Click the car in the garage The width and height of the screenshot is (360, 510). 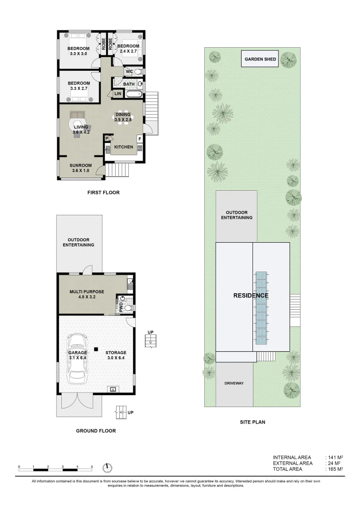coord(77,359)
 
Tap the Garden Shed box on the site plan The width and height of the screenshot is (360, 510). coord(260,59)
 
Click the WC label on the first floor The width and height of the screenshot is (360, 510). coord(129,72)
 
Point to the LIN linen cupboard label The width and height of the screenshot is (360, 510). coord(118,94)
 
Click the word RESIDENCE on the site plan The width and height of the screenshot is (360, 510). coord(251,296)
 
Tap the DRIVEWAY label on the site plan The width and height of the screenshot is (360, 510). coord(234,383)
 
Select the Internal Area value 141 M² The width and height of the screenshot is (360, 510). coord(334,457)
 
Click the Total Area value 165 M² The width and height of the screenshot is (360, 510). coord(334,469)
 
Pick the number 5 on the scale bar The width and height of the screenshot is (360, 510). coord(92,467)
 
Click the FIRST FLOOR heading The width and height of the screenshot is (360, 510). coord(103,192)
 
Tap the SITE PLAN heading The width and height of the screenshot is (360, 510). coord(252,422)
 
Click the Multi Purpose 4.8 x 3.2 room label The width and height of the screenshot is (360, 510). coord(86,295)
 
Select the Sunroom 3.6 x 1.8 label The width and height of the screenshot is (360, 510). coord(80,168)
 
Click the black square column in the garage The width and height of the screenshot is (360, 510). coord(96,349)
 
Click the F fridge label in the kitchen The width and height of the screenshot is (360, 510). coord(139,139)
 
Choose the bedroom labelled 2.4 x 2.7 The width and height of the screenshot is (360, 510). coord(128,48)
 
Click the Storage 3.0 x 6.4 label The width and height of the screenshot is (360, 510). coord(116,355)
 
